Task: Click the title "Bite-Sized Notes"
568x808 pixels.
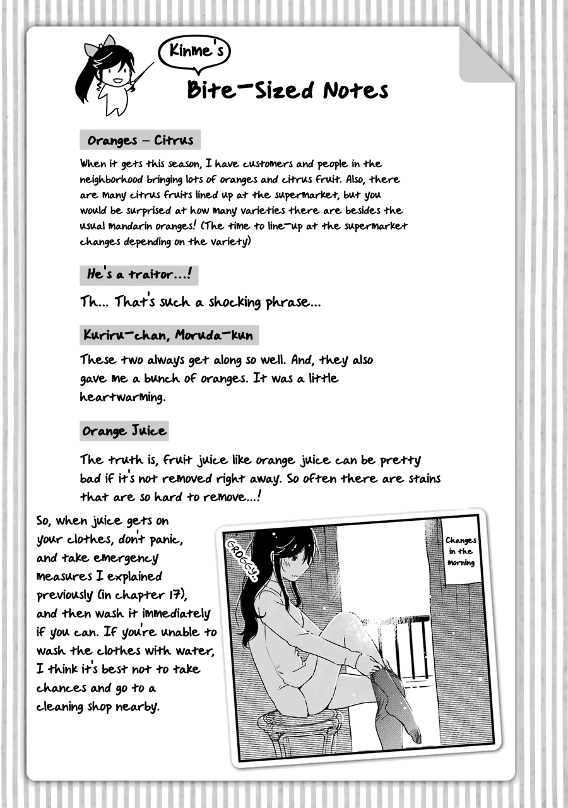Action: point(287,90)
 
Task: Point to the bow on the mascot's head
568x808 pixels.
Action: point(105,43)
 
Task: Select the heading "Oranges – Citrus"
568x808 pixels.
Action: point(140,140)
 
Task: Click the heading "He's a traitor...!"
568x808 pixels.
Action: point(139,274)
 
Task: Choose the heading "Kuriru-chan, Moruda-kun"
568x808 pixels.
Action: point(168,335)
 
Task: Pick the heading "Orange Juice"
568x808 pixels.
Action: point(124,431)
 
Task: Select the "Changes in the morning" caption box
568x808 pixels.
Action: point(461,551)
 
